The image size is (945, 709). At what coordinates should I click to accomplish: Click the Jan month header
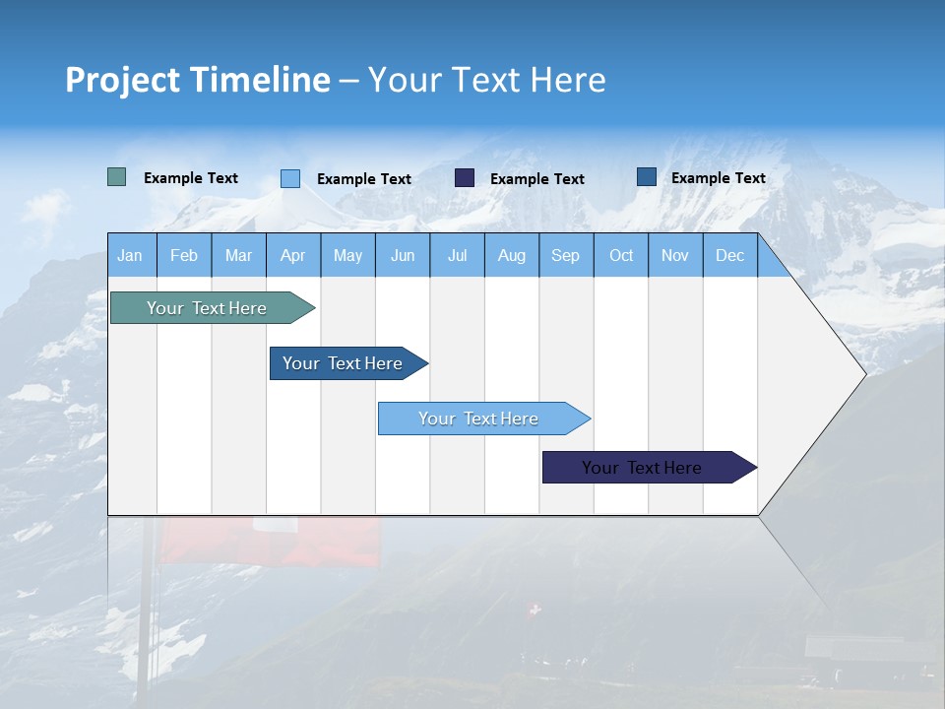click(x=130, y=255)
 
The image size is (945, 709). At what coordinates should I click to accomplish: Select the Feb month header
click(x=184, y=255)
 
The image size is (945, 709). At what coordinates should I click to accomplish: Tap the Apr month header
click(x=293, y=255)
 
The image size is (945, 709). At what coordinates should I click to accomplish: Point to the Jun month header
click(x=403, y=255)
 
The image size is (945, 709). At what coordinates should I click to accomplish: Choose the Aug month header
click(x=512, y=255)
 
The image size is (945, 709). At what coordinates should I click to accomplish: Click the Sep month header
click(x=566, y=255)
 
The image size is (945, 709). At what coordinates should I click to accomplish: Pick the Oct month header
click(x=621, y=255)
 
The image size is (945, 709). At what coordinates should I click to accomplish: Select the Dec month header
click(x=730, y=255)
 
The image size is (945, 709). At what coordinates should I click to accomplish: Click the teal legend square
click(x=117, y=177)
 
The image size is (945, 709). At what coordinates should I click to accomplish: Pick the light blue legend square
click(x=290, y=178)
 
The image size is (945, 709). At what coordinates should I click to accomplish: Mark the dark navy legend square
click(x=465, y=178)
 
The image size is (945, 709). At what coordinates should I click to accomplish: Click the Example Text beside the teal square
click(x=191, y=178)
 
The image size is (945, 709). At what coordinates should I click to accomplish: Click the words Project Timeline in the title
click(x=197, y=80)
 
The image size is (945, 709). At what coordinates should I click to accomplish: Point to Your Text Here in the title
click(x=487, y=80)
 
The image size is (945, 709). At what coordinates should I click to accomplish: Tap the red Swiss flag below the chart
click(x=271, y=542)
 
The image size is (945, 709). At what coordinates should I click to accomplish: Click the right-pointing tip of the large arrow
click(x=862, y=373)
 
